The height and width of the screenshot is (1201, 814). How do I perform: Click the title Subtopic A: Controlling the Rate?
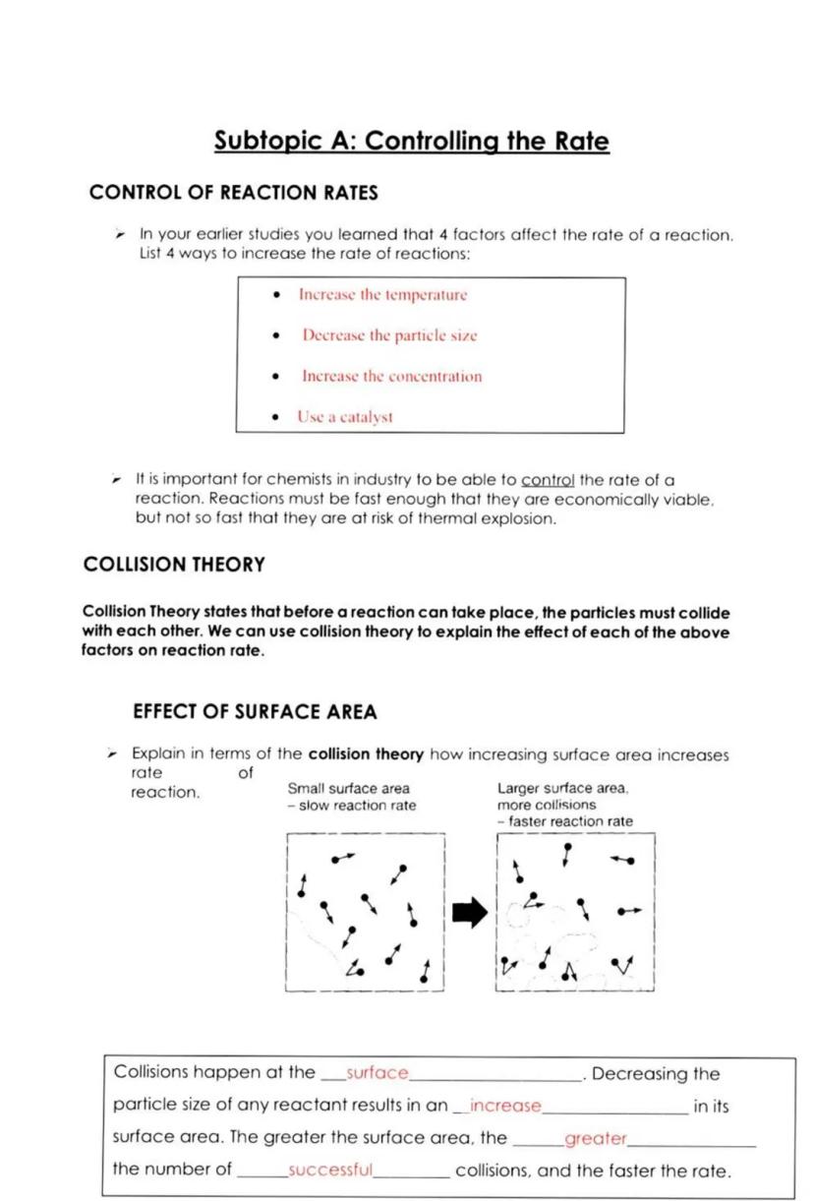pyautogui.click(x=412, y=142)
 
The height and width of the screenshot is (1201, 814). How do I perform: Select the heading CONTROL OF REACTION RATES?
pyautogui.click(x=233, y=193)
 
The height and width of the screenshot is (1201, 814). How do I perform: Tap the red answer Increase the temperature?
pyautogui.click(x=382, y=295)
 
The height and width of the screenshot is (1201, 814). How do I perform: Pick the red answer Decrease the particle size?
pyautogui.click(x=389, y=335)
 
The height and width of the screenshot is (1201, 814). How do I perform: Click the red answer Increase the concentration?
pyautogui.click(x=391, y=377)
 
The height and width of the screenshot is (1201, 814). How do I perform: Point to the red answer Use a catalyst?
pyautogui.click(x=345, y=417)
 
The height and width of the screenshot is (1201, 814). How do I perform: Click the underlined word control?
pyautogui.click(x=548, y=481)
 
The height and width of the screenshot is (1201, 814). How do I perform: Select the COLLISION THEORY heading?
pyautogui.click(x=174, y=565)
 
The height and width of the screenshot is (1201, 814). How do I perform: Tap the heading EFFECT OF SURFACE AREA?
pyautogui.click(x=255, y=711)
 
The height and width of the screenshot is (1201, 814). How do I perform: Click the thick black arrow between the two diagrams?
pyautogui.click(x=469, y=914)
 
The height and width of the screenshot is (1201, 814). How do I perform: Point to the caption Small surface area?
pyautogui.click(x=348, y=789)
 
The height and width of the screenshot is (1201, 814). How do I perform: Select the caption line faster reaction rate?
pyautogui.click(x=569, y=821)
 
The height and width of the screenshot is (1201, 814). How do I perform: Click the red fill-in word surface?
pyautogui.click(x=378, y=1073)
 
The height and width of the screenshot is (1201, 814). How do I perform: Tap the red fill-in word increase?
pyautogui.click(x=505, y=1106)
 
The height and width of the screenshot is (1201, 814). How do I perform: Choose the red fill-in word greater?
pyautogui.click(x=595, y=1139)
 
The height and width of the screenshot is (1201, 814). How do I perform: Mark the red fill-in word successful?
pyautogui.click(x=330, y=1171)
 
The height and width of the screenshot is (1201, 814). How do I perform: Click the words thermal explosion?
pyautogui.click(x=495, y=518)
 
